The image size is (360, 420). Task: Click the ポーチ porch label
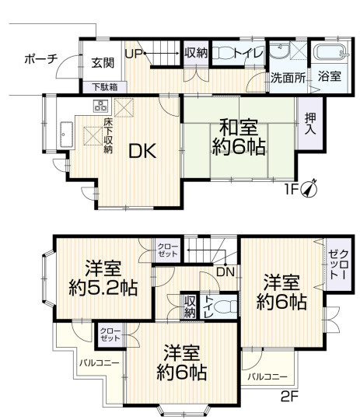coord(41,59)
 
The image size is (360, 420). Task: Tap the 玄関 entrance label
coord(103,63)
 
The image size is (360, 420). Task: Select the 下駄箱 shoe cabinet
coord(105,87)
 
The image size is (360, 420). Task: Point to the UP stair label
coord(134,54)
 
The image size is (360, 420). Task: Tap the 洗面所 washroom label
coord(288,78)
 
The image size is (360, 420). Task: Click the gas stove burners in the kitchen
coord(100,106)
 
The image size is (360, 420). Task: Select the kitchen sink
coord(66,135)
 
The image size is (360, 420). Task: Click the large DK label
coord(142,152)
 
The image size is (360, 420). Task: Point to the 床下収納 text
coord(108,136)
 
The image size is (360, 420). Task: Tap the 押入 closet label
coord(310,124)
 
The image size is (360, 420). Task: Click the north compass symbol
coord(310,188)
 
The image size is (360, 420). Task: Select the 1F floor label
coord(291,190)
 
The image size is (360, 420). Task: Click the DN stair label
coord(225,272)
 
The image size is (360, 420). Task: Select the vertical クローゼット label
coord(339,265)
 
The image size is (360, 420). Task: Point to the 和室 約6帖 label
coord(239,138)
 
